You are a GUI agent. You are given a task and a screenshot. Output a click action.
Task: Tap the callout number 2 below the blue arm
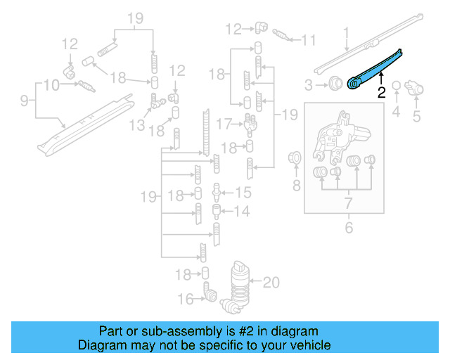[380, 91]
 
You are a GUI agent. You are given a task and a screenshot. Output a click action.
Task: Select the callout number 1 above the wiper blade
[346, 32]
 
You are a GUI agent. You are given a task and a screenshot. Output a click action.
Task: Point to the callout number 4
[396, 110]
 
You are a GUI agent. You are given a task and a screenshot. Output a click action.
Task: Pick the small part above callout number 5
[416, 89]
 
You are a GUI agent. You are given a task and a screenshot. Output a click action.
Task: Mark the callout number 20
[271, 283]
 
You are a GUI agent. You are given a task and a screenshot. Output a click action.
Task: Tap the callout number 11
[308, 40]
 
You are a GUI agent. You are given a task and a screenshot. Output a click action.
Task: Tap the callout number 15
[243, 192]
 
